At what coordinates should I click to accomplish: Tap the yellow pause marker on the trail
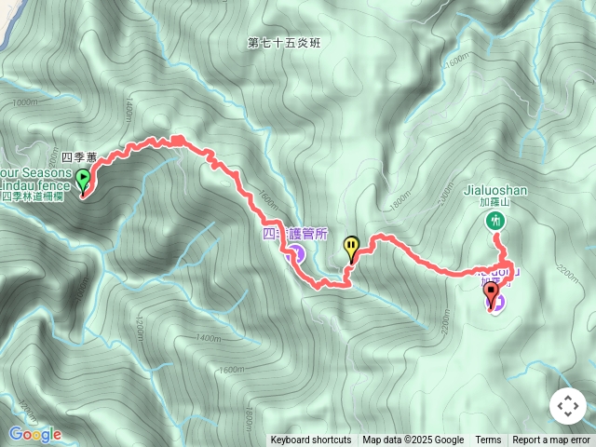(351, 248)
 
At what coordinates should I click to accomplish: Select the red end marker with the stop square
(491, 293)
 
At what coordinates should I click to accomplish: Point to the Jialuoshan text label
(494, 190)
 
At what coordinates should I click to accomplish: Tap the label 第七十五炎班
(283, 44)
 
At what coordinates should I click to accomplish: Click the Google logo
(34, 434)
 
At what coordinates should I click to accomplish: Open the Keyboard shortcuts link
(311, 440)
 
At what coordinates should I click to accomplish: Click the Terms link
(488, 440)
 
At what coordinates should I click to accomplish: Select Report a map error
(551, 440)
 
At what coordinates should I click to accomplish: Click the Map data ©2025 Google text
(413, 440)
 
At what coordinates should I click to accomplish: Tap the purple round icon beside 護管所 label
(297, 253)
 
